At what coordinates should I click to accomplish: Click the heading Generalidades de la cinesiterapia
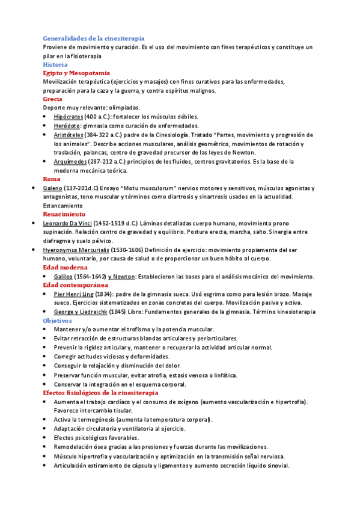(93, 38)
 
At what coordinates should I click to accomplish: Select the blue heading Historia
(55, 64)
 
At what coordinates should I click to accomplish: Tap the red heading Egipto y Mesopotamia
(76, 73)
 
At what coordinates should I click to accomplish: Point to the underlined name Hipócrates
(68, 117)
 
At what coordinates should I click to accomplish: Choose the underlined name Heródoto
(66, 126)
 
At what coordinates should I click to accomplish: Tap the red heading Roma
(52, 179)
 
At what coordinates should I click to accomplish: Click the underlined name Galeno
(53, 188)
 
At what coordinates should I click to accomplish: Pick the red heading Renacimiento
(64, 214)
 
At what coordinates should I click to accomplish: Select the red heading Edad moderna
(65, 267)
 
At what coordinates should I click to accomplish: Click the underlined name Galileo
(65, 276)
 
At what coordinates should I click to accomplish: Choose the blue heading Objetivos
(57, 321)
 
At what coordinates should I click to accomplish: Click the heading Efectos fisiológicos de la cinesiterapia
(100, 393)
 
